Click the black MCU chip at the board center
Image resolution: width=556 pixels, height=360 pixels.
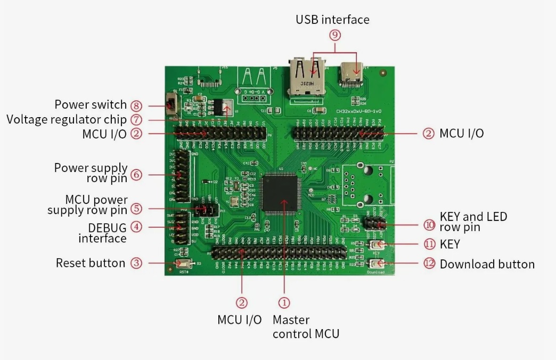(x=284, y=194)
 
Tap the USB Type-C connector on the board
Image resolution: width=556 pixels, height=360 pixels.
(x=352, y=75)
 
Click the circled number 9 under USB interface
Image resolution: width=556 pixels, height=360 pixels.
(x=334, y=35)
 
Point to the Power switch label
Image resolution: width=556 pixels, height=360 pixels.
(x=91, y=104)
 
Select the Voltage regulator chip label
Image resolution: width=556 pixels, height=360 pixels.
(x=67, y=119)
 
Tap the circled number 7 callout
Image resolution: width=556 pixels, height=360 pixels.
(x=136, y=119)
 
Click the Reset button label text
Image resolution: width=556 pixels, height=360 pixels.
(x=91, y=263)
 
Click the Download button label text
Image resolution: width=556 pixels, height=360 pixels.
(x=487, y=264)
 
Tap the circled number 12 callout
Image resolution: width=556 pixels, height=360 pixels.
(x=429, y=264)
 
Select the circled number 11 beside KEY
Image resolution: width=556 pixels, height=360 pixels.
(x=429, y=244)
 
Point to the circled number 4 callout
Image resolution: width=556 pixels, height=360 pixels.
(x=137, y=227)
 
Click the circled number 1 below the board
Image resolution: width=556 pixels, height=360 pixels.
(x=285, y=302)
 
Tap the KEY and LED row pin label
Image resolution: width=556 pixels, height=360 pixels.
(x=473, y=222)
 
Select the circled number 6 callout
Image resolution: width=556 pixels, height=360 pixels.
(x=136, y=174)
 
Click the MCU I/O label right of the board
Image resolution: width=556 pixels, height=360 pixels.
(x=461, y=133)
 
